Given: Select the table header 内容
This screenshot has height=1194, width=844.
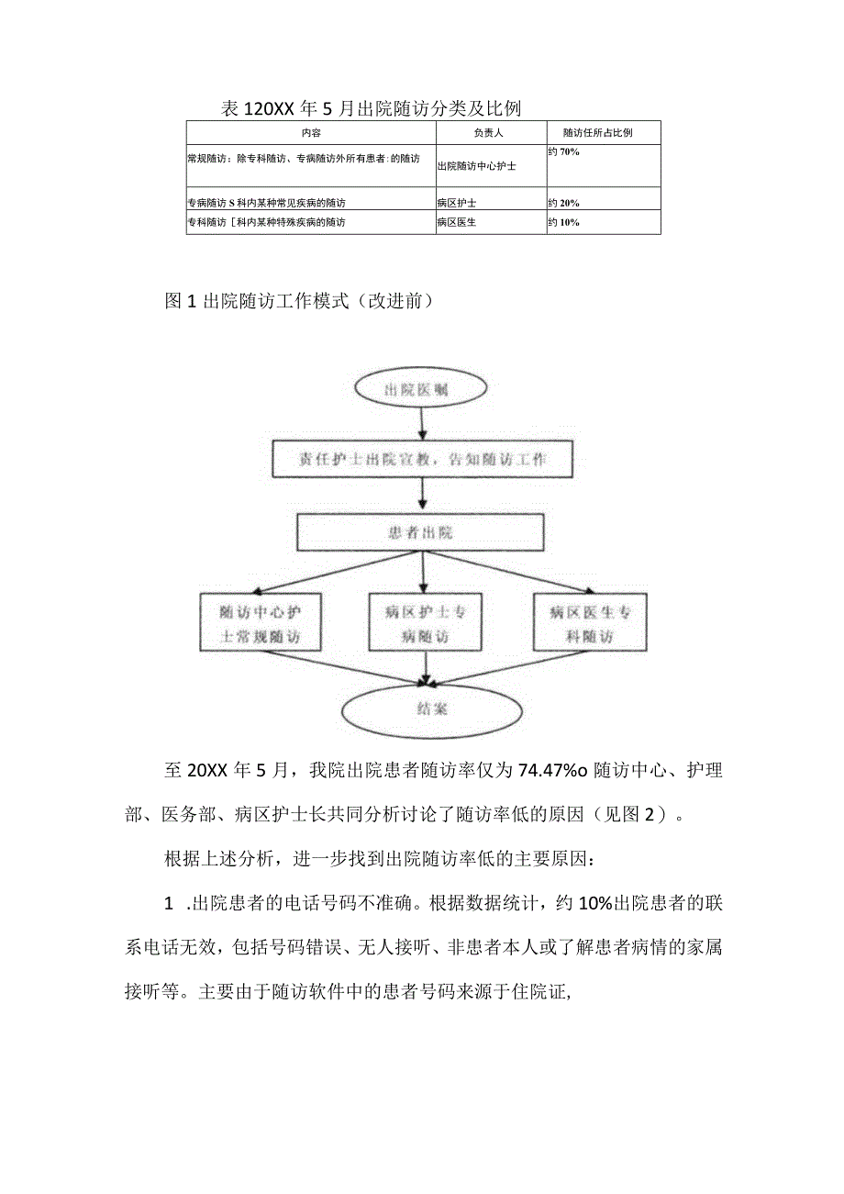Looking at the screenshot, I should [x=311, y=133].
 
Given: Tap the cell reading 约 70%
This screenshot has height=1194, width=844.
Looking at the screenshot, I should [x=564, y=151].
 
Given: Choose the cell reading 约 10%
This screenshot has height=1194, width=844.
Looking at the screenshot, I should [x=564, y=221].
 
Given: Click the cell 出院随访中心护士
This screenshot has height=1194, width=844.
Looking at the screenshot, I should [x=476, y=166].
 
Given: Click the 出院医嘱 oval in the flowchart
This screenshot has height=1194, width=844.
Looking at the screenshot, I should [x=421, y=391].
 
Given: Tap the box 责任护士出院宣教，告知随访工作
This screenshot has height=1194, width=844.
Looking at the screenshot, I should [x=423, y=460].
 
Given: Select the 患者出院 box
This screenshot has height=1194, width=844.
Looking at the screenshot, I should [x=421, y=531].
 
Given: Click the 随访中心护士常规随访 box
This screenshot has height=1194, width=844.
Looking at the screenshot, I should [x=260, y=623].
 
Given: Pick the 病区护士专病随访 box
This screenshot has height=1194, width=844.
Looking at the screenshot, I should [x=422, y=623].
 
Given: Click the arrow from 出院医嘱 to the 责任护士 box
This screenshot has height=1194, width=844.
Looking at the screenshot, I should [x=421, y=424].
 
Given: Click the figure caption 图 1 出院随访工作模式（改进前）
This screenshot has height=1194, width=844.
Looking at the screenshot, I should [x=294, y=301].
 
